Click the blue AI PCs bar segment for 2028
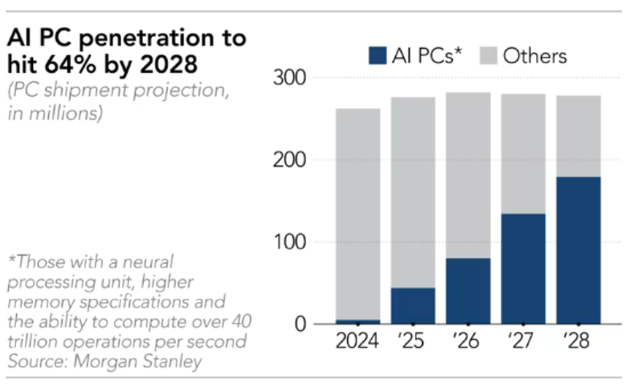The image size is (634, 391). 578,250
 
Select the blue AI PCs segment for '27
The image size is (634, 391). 523,268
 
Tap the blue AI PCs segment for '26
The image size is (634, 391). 467,290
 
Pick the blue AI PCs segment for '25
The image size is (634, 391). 413,305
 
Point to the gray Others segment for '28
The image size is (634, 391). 578,136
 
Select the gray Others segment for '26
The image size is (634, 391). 467,175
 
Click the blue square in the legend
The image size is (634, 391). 378,56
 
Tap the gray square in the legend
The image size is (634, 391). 488,56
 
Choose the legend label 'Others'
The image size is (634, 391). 535,56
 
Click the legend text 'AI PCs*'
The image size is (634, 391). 427,56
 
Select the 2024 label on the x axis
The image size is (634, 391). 358,342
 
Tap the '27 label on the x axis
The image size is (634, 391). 522,342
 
